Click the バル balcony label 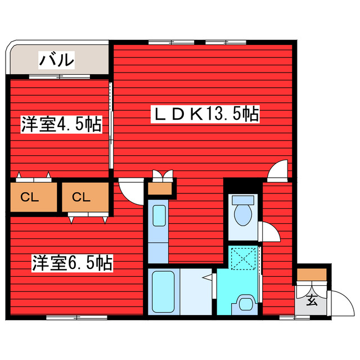[x=56, y=58]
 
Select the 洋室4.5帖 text [x=61, y=125]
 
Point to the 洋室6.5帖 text [x=71, y=262]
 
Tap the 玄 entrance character [x=311, y=300]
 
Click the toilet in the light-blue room [x=243, y=213]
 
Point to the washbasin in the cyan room [x=246, y=303]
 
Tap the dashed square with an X [x=244, y=258]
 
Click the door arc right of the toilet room [x=269, y=231]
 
